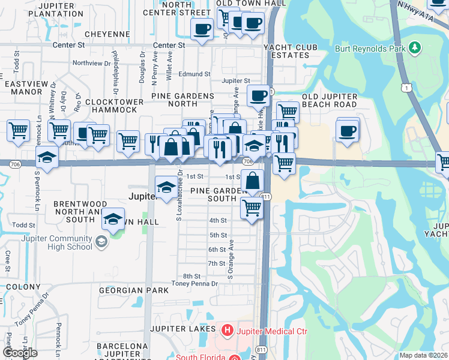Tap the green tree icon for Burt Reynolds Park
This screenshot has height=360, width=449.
click(414, 47)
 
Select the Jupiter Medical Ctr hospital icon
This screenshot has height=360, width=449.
click(227, 329)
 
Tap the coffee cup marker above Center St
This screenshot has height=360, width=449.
click(202, 28)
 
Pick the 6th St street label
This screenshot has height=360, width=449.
click(217, 250)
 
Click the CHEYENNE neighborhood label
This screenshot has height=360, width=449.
click(107, 34)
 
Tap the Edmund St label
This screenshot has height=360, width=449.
click(197, 74)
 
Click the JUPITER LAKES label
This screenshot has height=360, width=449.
click(182, 329)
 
